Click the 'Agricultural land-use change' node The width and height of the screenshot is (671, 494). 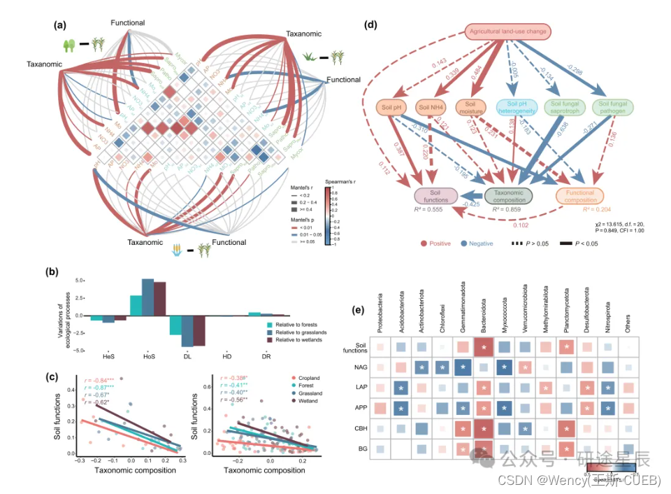click(x=508, y=31)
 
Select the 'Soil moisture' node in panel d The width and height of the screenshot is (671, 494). click(x=471, y=108)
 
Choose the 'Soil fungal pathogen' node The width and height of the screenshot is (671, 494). click(x=614, y=108)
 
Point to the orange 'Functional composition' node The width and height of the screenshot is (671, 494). click(x=579, y=195)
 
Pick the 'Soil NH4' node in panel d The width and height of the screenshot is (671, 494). click(x=431, y=107)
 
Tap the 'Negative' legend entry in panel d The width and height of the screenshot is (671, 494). click(x=479, y=244)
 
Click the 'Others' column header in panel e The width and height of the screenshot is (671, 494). click(x=630, y=321)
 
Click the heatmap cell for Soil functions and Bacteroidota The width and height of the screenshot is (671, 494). click(x=483, y=346)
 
